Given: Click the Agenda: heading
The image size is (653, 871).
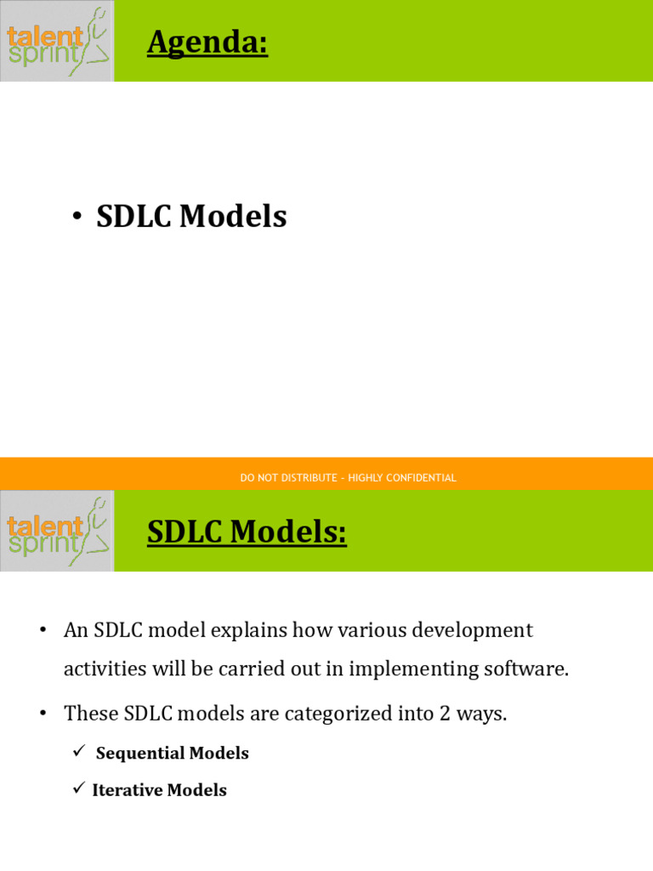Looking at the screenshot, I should pyautogui.click(x=207, y=42).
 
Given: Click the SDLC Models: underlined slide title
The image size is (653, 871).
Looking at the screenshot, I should pyautogui.click(x=247, y=532).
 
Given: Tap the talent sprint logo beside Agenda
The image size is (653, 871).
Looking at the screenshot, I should pyautogui.click(x=57, y=41).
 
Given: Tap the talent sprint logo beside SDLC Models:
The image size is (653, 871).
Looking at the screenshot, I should pyautogui.click(x=57, y=531).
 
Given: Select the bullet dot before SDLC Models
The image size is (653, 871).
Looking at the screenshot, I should pyautogui.click(x=77, y=218).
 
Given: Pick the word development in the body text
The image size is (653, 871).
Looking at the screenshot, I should pyautogui.click(x=472, y=630).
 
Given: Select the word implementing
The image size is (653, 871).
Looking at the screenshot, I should pyautogui.click(x=400, y=669).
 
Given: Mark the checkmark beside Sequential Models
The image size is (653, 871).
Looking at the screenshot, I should pyautogui.click(x=80, y=752).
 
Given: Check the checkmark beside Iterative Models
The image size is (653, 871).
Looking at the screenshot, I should pyautogui.click(x=79, y=789).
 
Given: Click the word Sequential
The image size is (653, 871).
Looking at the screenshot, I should pyautogui.click(x=140, y=754).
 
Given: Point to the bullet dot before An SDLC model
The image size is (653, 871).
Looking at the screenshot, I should pyautogui.click(x=42, y=630).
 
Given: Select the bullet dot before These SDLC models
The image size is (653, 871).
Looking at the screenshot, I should pyautogui.click(x=42, y=713).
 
